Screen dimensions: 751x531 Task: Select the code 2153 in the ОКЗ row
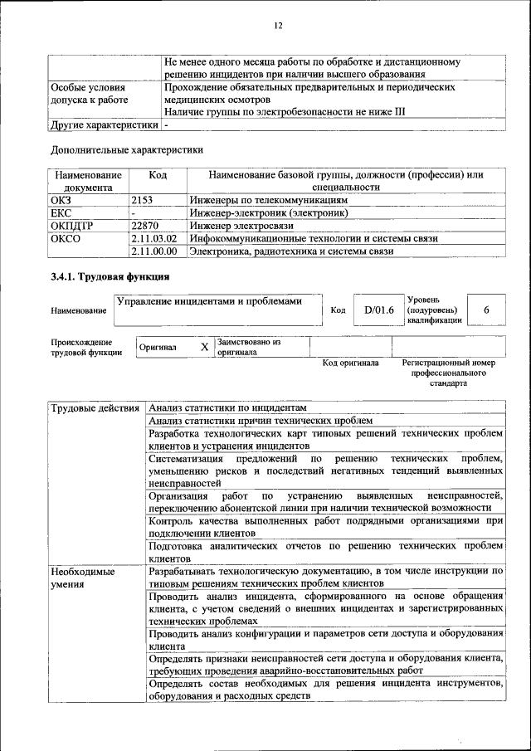click(x=144, y=200)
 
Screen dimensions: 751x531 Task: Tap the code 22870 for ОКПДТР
click(x=147, y=226)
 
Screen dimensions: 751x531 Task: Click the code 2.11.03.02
click(x=154, y=238)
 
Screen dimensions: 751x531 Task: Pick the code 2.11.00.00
click(x=154, y=251)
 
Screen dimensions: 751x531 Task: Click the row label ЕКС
click(x=62, y=213)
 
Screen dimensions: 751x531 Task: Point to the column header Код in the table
click(x=158, y=175)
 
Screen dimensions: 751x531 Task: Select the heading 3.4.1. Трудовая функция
click(x=110, y=276)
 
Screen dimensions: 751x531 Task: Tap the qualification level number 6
click(x=486, y=310)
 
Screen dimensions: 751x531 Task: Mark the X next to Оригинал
click(x=204, y=346)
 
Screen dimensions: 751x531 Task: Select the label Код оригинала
click(x=350, y=363)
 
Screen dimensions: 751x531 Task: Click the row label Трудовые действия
click(x=95, y=407)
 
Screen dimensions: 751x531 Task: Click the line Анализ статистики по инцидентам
click(x=228, y=407)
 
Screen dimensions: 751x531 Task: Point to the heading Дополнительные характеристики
click(x=127, y=150)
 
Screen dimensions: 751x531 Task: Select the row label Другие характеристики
click(x=104, y=124)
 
